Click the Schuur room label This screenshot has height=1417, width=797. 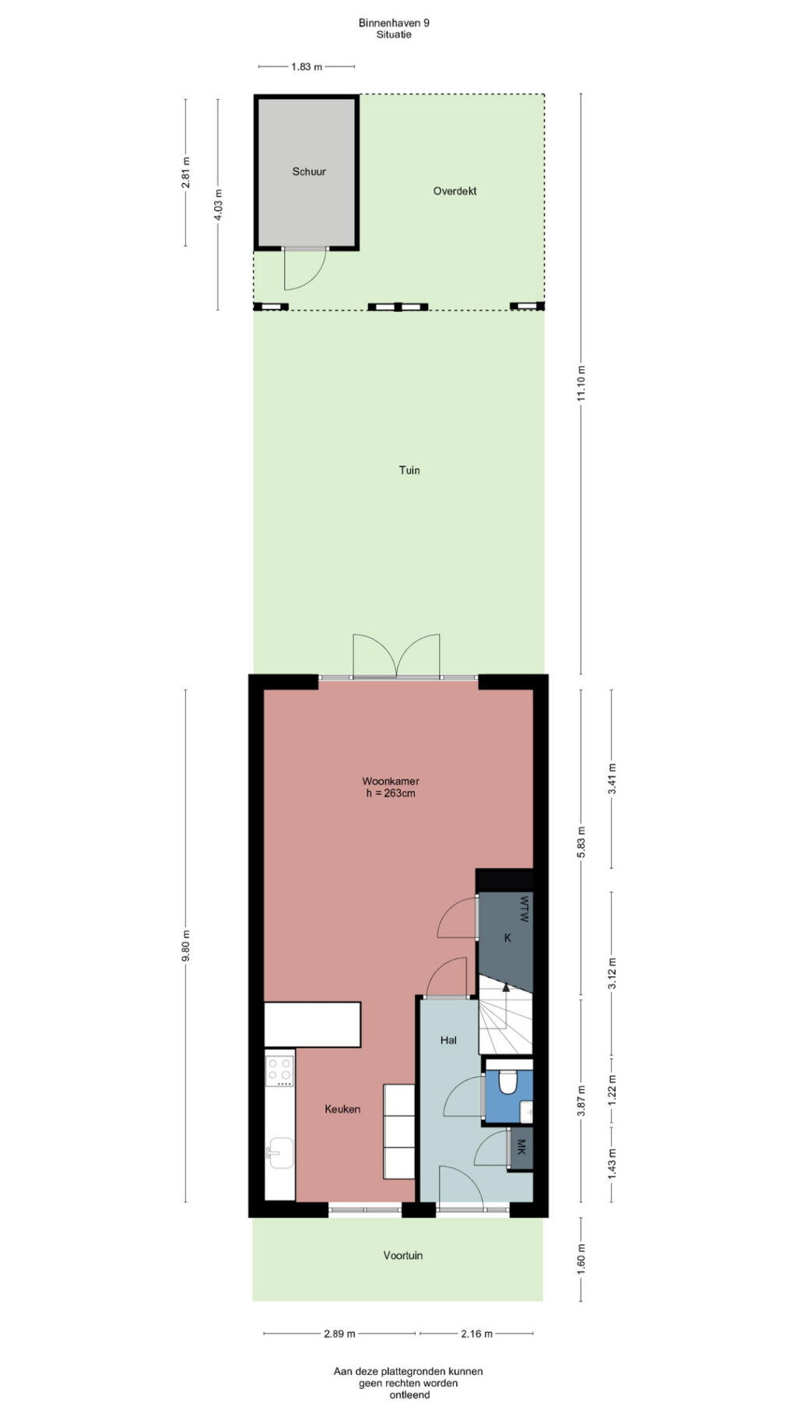[x=309, y=171]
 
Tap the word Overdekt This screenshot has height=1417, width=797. [x=455, y=191]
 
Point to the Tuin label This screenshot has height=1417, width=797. [x=409, y=469]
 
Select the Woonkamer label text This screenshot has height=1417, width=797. [x=391, y=781]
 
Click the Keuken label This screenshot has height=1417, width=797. [x=342, y=1109]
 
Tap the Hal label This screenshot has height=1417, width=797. [x=448, y=1039]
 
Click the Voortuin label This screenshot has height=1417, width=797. [x=403, y=1255]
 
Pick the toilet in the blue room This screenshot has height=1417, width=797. [x=507, y=1081]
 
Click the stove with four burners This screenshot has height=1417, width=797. [x=279, y=1071]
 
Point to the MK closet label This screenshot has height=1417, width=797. [x=521, y=1148]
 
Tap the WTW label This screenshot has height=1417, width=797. [x=524, y=909]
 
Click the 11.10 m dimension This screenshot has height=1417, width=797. [x=581, y=383]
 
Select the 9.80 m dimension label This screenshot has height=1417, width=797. [x=185, y=946]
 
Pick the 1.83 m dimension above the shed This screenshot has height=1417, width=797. [x=307, y=67]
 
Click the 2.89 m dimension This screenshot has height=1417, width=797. [x=339, y=1334]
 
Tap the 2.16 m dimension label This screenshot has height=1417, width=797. [x=476, y=1334]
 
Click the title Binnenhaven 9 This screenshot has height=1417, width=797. [x=394, y=23]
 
